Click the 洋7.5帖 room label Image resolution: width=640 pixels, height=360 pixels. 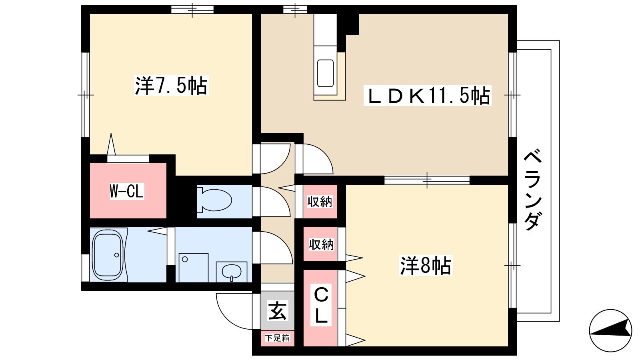(x=171, y=86)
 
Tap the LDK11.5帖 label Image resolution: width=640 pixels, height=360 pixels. (x=428, y=96)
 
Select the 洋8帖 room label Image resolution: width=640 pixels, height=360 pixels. (x=426, y=266)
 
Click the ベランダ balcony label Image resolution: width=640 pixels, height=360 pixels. (x=532, y=190)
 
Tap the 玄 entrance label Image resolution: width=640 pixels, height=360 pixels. (x=278, y=310)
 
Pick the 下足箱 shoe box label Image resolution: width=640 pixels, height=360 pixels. (x=277, y=338)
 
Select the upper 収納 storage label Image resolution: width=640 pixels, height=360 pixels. (x=320, y=202)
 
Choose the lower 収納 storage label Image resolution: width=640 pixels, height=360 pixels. (x=321, y=245)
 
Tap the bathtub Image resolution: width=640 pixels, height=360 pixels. (x=109, y=256)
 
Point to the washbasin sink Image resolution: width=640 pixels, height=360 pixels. (x=232, y=272)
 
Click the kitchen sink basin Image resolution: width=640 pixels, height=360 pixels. (x=326, y=73)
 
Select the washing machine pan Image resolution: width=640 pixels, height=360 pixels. (x=194, y=268)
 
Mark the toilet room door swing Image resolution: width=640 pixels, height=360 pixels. (x=282, y=200)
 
